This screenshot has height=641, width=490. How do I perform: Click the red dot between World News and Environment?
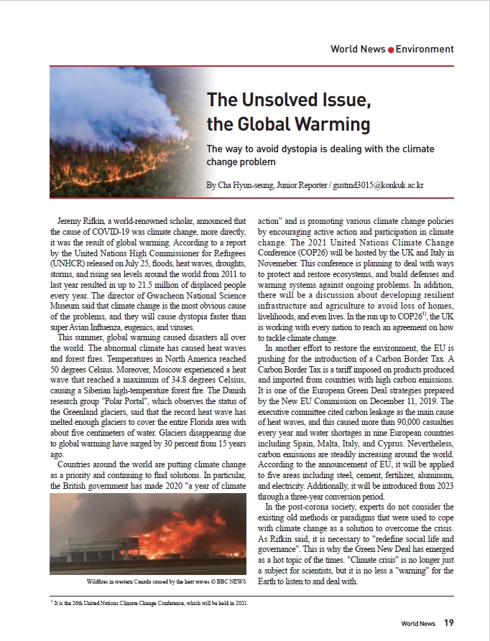[x=391, y=50]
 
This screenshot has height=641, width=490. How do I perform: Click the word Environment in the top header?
[x=425, y=50]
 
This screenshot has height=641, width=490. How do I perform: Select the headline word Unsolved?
[x=275, y=100]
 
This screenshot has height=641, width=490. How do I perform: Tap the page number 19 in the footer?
[x=448, y=623]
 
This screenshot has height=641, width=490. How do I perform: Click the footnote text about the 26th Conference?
[x=151, y=603]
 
